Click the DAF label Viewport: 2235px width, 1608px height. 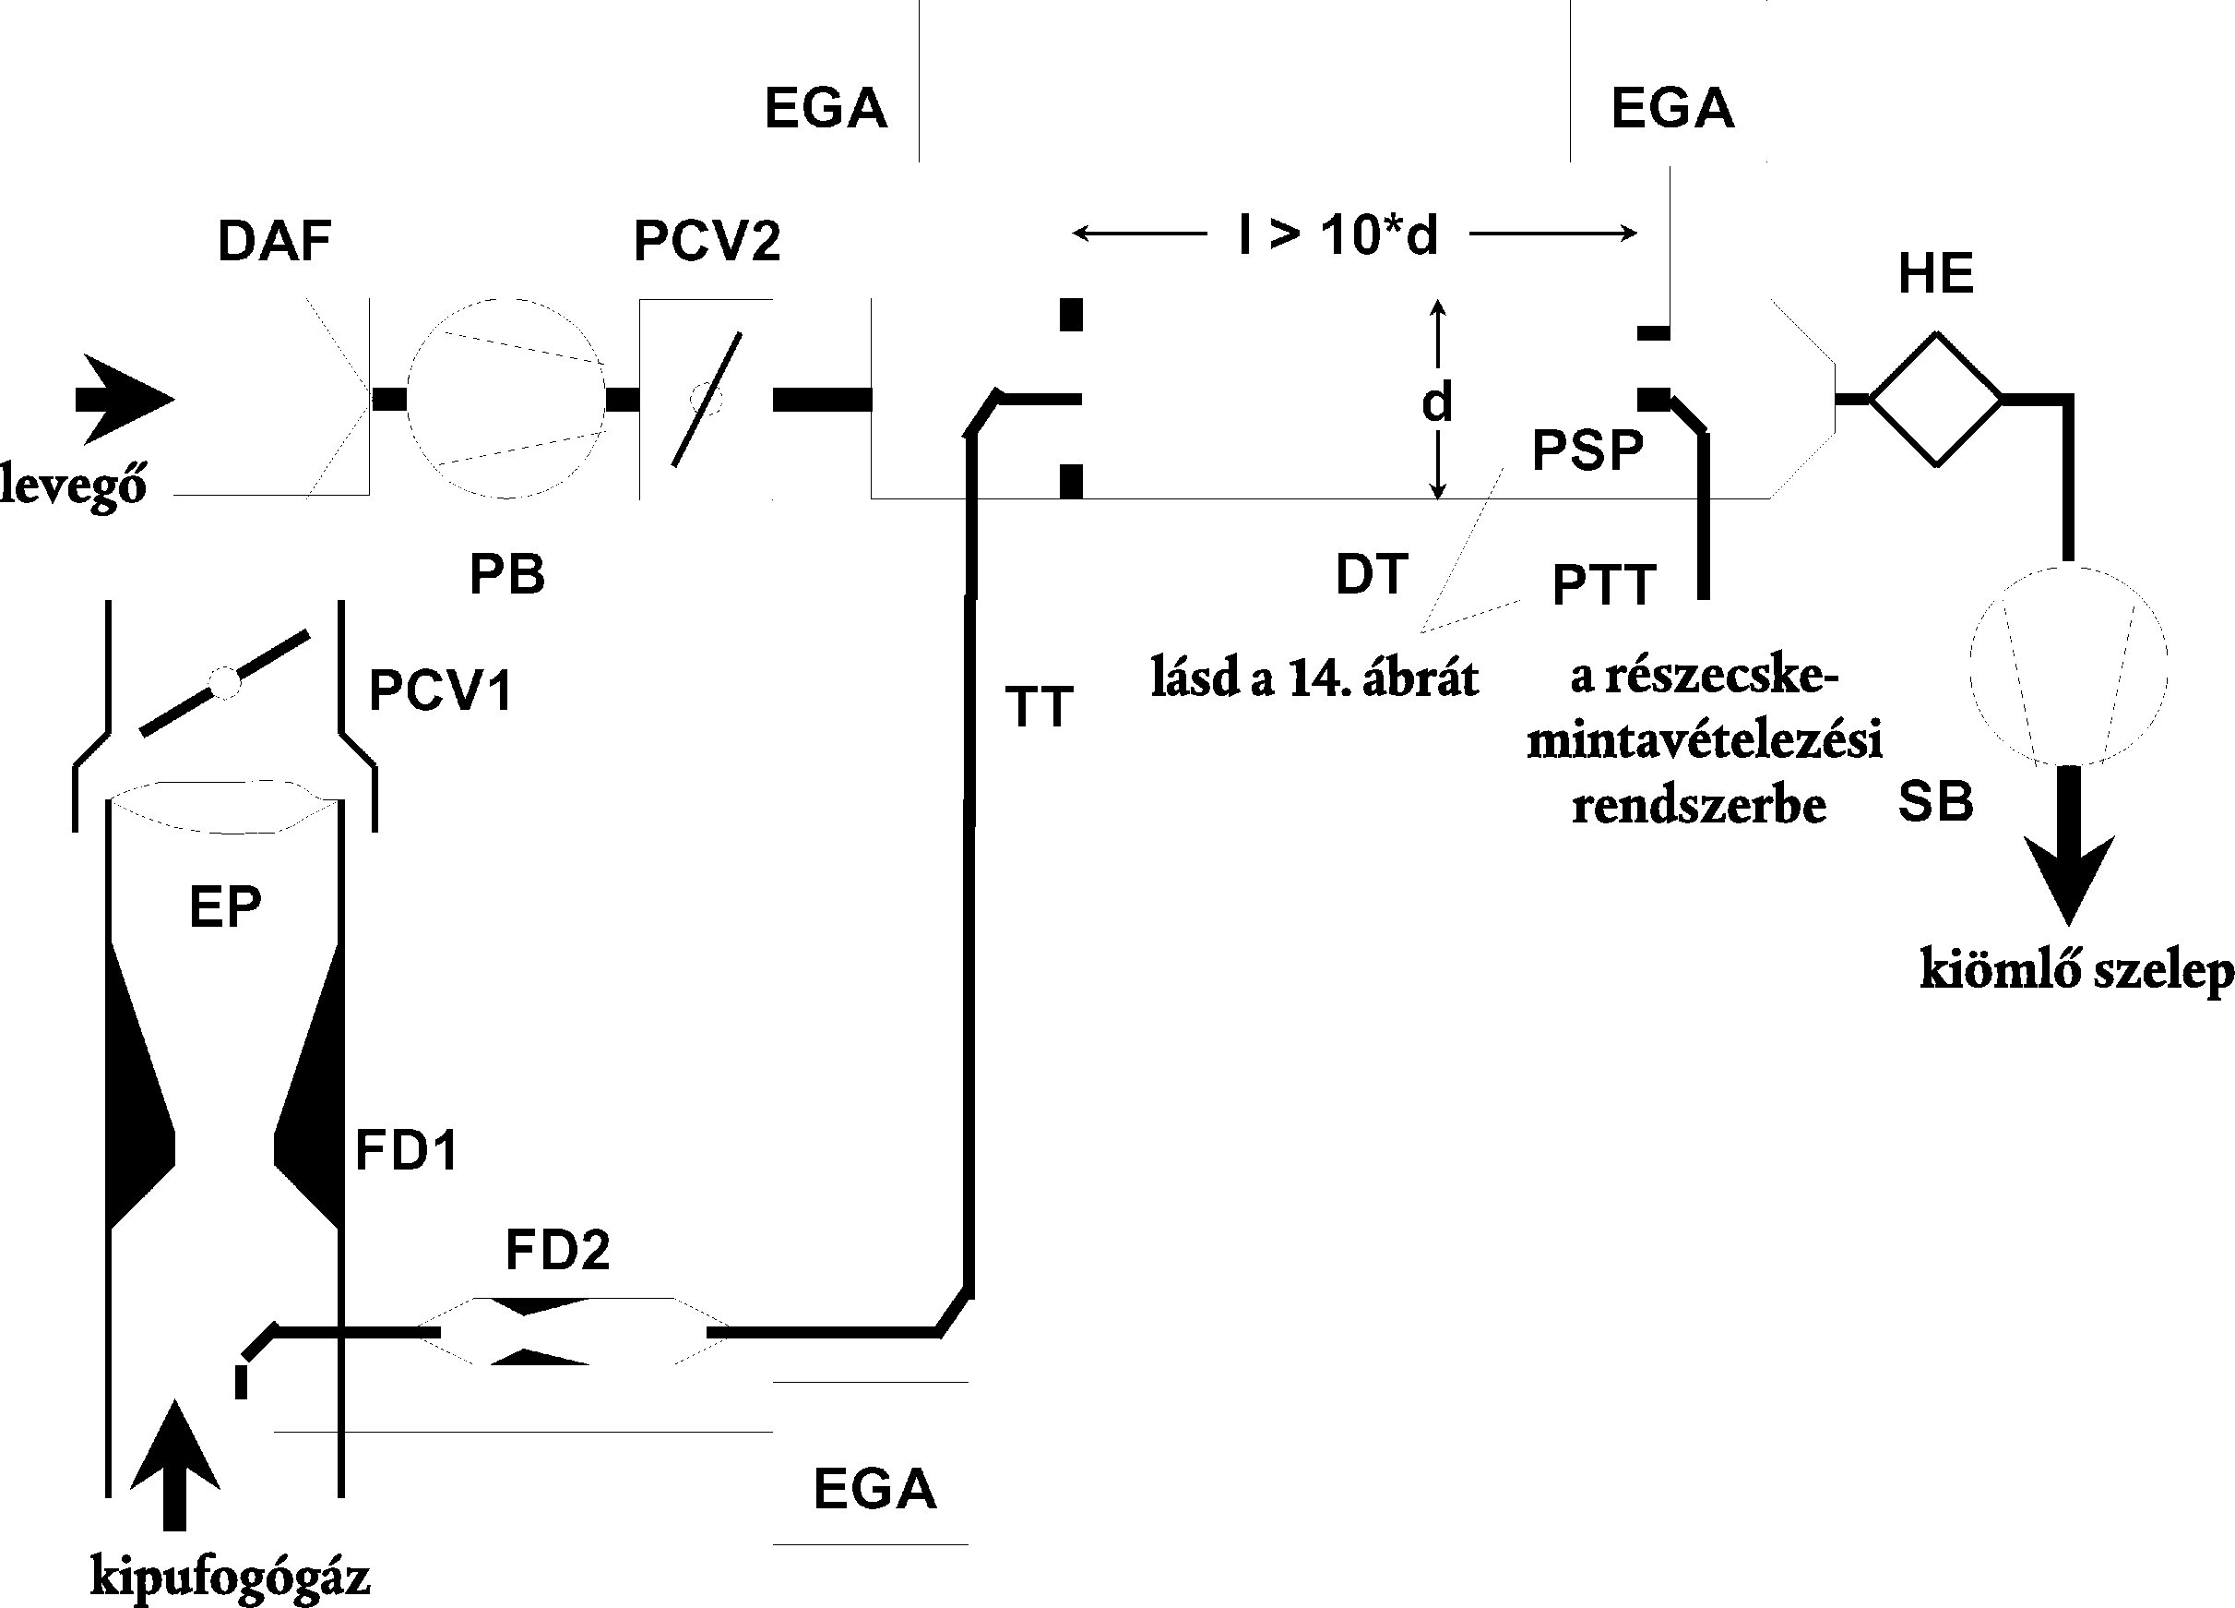274,243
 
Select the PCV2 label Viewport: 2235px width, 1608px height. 707,243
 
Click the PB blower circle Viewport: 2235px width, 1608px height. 506,398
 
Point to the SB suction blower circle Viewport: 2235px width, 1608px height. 2067,666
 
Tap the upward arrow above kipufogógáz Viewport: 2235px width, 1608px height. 174,1463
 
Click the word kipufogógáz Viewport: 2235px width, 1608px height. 231,1577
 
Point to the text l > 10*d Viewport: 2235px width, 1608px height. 1338,235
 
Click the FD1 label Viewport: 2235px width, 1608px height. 406,1150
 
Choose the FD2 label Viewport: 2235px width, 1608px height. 558,1250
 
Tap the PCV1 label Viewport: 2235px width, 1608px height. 441,691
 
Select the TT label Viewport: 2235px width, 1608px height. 1039,707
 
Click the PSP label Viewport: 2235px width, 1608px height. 1587,450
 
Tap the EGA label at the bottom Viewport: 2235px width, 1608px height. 874,1489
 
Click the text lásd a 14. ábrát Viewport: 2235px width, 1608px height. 1314,679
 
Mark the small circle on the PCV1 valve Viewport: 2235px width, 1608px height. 226,682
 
